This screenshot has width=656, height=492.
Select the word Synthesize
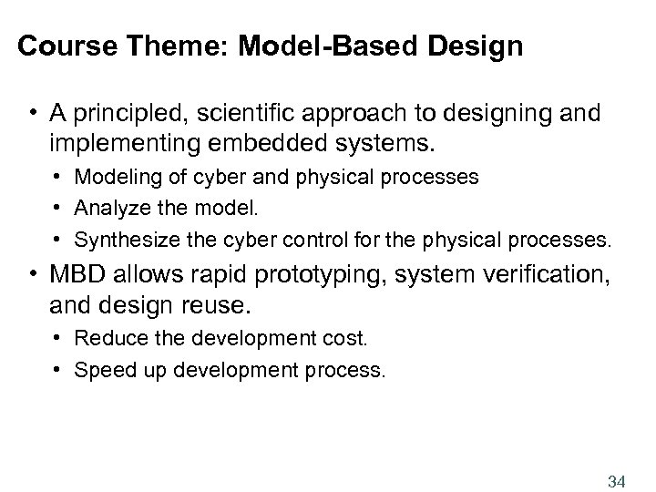click(121, 241)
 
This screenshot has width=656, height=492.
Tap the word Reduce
click(105, 339)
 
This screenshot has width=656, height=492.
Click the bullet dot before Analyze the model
click(59, 208)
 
